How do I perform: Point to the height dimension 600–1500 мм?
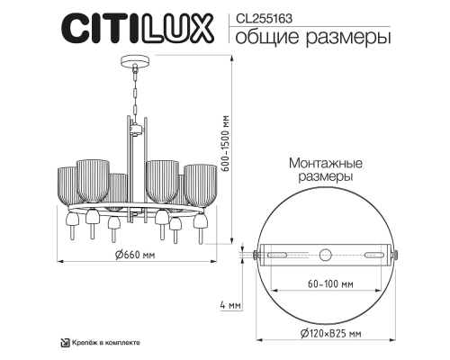(x=233, y=145)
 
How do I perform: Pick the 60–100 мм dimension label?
(x=327, y=285)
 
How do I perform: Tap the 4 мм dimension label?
(x=230, y=306)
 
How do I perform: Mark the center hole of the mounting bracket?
(x=327, y=254)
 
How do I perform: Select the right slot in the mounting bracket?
(x=366, y=254)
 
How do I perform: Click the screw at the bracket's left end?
(x=256, y=254)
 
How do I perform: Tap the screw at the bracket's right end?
(x=397, y=254)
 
